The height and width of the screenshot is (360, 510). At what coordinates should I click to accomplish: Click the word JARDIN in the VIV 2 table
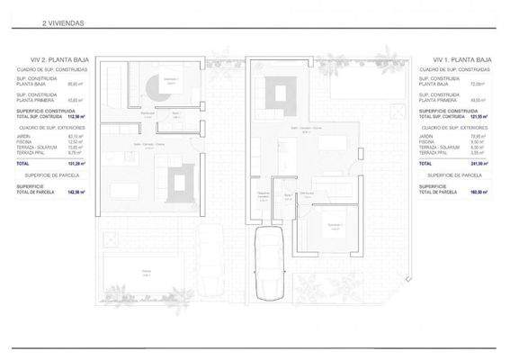pyautogui.click(x=24, y=136)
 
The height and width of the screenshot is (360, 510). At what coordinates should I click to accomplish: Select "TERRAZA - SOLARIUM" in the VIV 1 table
pyautogui.click(x=437, y=147)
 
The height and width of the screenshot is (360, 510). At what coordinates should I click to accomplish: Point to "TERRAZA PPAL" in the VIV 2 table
pyautogui.click(x=31, y=152)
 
